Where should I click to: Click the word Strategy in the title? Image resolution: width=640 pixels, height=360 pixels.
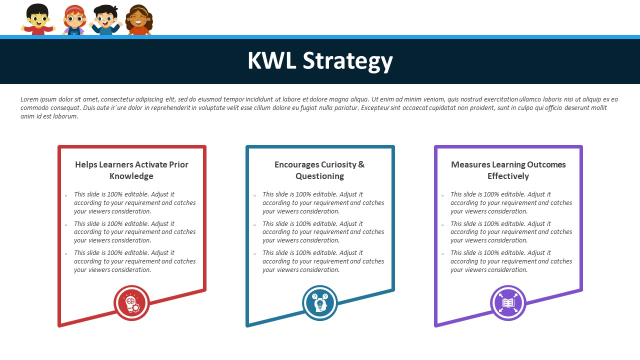point(347,61)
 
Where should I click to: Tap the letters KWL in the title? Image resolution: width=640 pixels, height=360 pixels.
point(271,60)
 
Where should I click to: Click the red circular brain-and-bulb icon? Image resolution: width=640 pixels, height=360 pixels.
point(131,303)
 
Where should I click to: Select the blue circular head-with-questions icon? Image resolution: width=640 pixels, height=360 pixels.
point(319,303)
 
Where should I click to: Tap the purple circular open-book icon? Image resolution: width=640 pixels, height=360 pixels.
point(508,303)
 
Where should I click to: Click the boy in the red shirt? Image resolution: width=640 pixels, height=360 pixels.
point(37,19)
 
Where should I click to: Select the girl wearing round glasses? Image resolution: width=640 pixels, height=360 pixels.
point(74,20)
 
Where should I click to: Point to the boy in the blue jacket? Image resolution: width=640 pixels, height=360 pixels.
point(105,20)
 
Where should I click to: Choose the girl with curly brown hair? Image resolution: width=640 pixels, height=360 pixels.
point(139,20)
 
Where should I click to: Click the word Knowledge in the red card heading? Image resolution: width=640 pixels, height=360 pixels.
point(131,176)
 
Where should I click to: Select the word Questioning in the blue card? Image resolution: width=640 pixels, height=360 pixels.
point(319,176)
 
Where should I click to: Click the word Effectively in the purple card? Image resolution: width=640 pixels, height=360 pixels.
point(508,176)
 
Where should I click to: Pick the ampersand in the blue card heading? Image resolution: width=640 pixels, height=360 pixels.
point(361,164)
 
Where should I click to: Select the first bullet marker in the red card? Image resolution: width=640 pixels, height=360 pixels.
point(66,195)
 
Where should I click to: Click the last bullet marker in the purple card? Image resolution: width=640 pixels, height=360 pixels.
point(442,254)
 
